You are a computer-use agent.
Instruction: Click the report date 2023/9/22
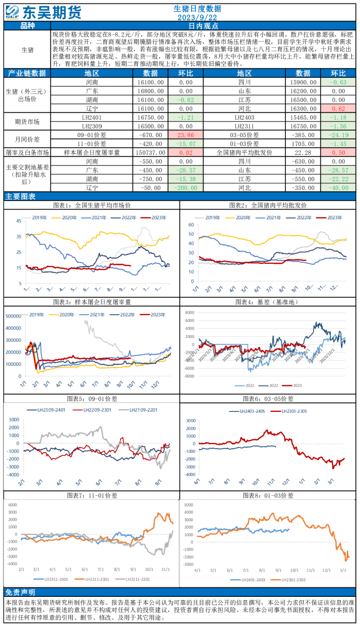[197, 18]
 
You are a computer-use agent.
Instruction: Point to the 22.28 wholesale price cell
[303, 152]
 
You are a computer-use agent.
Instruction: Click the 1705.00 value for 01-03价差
[303, 144]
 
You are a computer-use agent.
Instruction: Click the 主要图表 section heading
[21, 196]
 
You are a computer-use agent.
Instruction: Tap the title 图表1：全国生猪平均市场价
[91, 205]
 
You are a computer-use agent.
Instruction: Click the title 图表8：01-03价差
[268, 495]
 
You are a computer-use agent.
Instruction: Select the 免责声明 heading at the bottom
[20, 592]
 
